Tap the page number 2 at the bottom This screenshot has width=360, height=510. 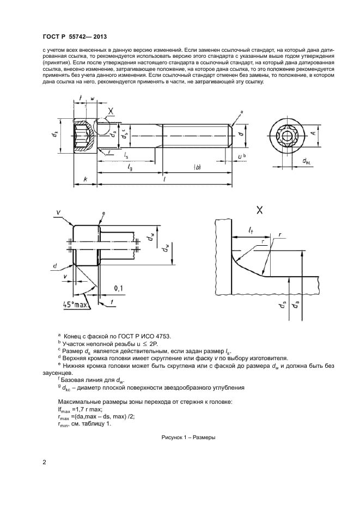pyautogui.click(x=44, y=463)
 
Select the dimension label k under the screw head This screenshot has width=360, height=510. pyautogui.click(x=85, y=180)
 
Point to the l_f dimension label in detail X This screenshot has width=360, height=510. pyautogui.click(x=250, y=231)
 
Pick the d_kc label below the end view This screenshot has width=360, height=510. pyautogui.click(x=305, y=161)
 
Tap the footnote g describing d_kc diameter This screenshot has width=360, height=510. pyautogui.click(x=143, y=388)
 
